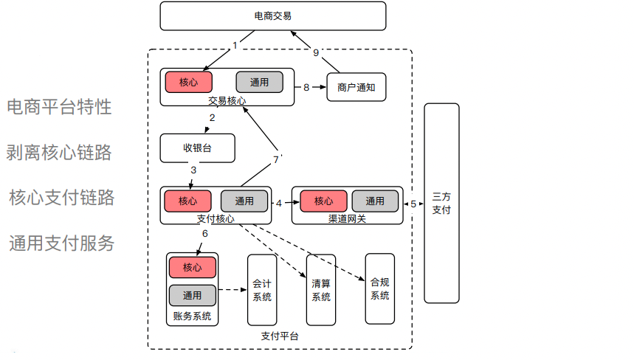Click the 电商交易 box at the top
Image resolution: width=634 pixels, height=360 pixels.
(272, 16)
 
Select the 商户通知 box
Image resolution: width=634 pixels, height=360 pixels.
(356, 87)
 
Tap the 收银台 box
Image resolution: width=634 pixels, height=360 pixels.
(197, 148)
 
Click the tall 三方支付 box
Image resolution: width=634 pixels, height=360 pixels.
(441, 203)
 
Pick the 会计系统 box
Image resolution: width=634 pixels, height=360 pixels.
(262, 290)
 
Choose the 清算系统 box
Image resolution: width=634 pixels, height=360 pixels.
(321, 290)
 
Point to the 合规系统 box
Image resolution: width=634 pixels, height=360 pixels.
(380, 289)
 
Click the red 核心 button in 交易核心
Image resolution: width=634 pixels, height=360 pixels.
(188, 82)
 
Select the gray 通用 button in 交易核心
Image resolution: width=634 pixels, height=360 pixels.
(259, 82)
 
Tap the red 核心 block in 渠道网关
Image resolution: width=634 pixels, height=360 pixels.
(323, 201)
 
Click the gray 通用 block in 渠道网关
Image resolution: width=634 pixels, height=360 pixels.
(375, 201)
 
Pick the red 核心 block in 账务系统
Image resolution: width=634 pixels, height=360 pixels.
(192, 266)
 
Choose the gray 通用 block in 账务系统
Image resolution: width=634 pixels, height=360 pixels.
(192, 295)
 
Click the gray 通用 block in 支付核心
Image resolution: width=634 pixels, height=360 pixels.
(244, 201)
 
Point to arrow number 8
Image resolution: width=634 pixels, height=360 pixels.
(306, 87)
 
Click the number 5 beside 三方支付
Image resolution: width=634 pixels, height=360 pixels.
(413, 203)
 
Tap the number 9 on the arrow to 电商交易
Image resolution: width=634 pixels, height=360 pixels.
(316, 52)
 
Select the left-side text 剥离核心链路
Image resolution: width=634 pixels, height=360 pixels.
(59, 152)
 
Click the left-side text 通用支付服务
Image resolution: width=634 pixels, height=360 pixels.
(62, 243)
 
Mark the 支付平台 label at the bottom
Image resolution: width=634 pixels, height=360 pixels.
(280, 336)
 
